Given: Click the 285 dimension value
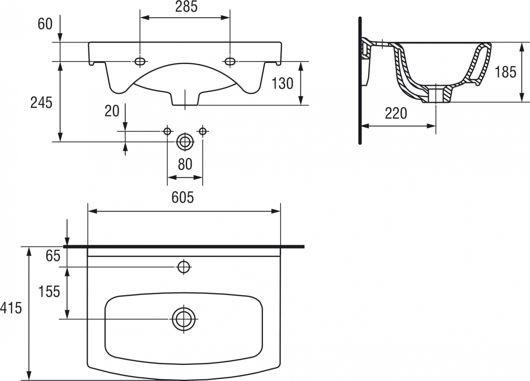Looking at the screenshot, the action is (186, 7).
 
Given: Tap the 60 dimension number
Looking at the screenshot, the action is (45, 24).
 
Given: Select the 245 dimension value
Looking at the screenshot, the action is (41, 103).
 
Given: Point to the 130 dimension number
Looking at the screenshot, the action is (282, 84).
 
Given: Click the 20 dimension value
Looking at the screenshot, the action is (112, 111).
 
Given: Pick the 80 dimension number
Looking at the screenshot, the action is (185, 164).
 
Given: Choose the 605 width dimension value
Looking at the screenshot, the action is (183, 197).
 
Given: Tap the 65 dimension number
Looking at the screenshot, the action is (53, 256).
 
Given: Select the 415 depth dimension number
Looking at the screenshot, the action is (11, 308).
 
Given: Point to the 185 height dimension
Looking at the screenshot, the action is (505, 72).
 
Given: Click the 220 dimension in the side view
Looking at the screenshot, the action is (396, 113).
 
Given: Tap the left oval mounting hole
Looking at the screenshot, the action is (140, 61).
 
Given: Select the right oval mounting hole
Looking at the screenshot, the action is (230, 61).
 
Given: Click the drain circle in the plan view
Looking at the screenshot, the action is (184, 319).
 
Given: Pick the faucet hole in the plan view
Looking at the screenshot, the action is (184, 267).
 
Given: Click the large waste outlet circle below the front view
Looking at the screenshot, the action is (185, 142).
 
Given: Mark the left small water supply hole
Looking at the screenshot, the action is (167, 131).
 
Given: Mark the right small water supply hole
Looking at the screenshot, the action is (203, 131).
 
